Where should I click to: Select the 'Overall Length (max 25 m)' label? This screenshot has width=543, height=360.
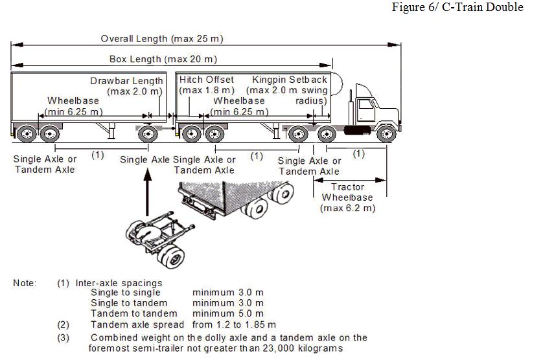click(x=162, y=39)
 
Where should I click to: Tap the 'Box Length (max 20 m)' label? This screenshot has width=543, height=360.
click(x=163, y=59)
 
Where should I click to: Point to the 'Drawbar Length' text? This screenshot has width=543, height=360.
click(x=126, y=81)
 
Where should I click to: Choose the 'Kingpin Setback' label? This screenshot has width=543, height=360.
click(x=290, y=80)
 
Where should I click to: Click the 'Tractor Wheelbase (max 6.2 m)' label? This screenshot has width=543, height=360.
click(x=347, y=197)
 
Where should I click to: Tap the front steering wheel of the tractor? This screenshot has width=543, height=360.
click(x=386, y=135)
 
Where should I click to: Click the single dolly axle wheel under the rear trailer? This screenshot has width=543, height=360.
click(x=148, y=135)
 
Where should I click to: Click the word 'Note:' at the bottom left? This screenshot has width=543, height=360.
click(x=25, y=283)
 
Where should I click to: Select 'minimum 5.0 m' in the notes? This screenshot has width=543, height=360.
click(x=227, y=313)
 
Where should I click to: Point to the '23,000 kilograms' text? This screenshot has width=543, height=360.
click(x=303, y=348)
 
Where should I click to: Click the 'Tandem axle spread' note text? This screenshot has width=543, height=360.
click(x=137, y=324)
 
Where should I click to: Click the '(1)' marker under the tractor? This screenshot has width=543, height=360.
click(x=358, y=154)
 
